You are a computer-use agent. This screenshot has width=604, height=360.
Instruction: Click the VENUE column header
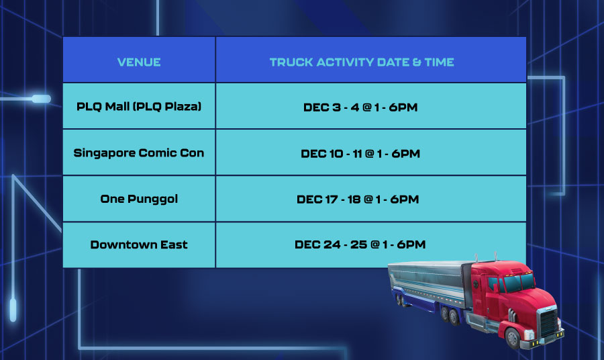point(139,62)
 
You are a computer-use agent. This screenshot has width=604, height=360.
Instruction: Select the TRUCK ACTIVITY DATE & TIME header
point(362,62)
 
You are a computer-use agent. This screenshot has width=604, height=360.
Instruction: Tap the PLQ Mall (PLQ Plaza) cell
point(139,106)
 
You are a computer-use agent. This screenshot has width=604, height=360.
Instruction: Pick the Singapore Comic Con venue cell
point(139,153)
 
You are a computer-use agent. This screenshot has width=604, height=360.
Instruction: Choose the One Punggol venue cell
point(139,199)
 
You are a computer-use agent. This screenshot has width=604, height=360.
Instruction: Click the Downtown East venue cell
point(139,244)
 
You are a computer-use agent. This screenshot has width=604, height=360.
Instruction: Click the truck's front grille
point(549,322)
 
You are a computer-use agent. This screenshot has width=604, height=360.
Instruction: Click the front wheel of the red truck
point(512,338)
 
